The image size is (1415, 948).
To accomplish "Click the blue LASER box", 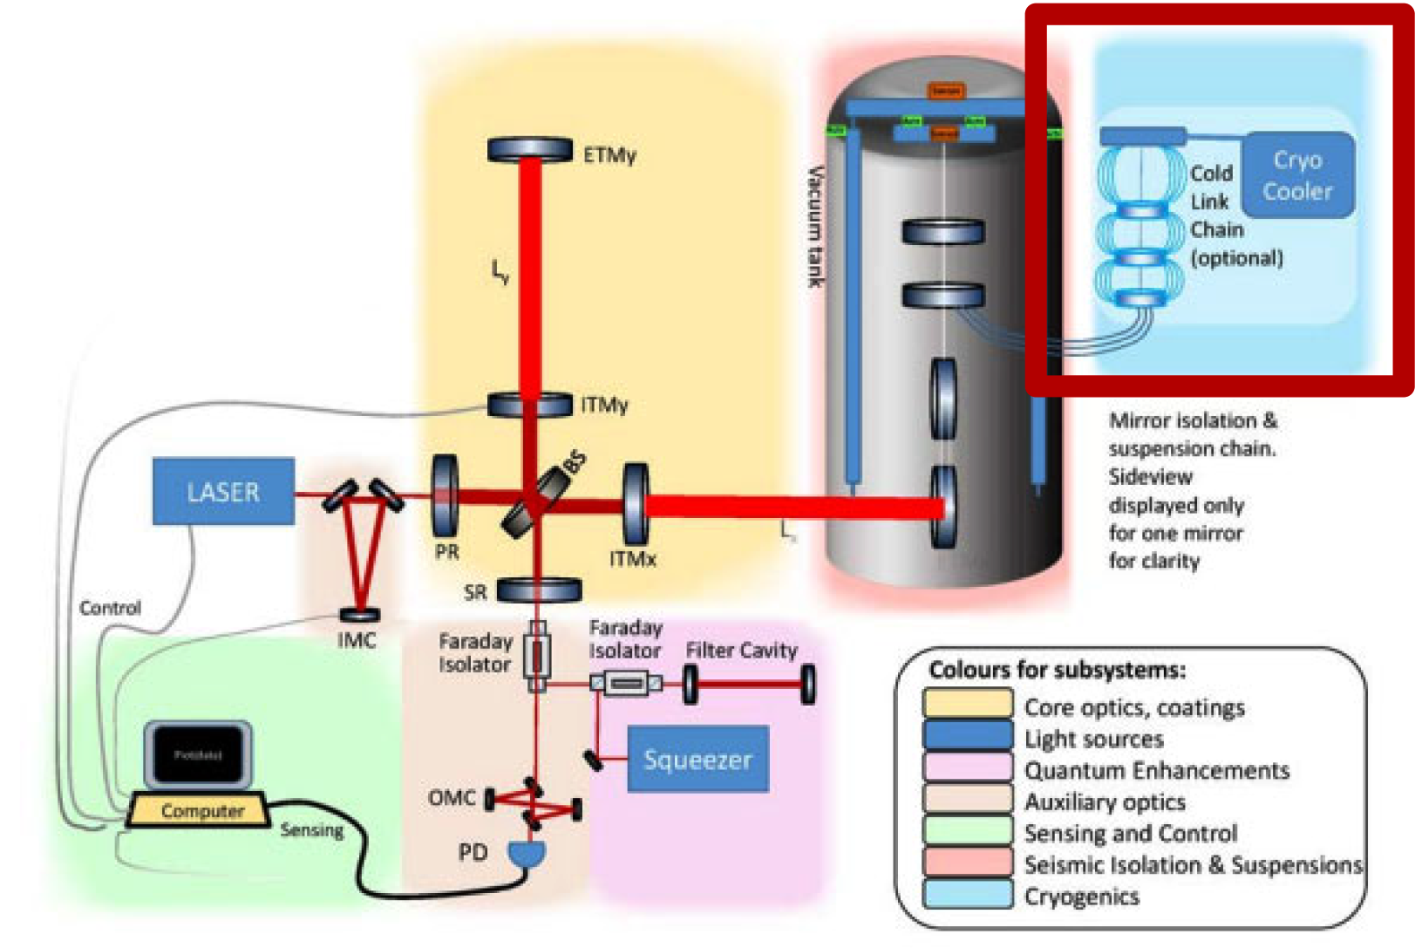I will pos(223,491).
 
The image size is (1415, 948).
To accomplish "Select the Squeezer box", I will pos(697,759).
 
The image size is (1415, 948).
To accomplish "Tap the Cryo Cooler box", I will pos(1297,175).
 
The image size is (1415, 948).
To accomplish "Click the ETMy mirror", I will pos(529,150).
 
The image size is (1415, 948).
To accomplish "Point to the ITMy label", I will pos(604,405).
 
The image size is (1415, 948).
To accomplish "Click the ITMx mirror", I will pos(636,505).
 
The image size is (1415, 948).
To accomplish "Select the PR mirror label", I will pos(447,552).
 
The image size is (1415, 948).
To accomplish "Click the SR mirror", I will pos(539,590).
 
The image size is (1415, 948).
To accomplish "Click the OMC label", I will pos(452,798).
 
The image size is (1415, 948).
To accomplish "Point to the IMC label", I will pos(357,641).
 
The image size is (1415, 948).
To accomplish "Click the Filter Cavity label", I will pos(741,651).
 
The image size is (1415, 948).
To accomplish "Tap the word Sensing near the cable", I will pos(312,830).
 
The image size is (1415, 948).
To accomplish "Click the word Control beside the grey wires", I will pos(110,608).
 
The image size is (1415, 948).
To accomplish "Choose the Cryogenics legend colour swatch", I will pos(968,896).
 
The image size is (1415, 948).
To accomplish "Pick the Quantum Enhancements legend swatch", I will pos(968,770).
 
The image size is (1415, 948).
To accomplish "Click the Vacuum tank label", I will pos(815,227).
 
